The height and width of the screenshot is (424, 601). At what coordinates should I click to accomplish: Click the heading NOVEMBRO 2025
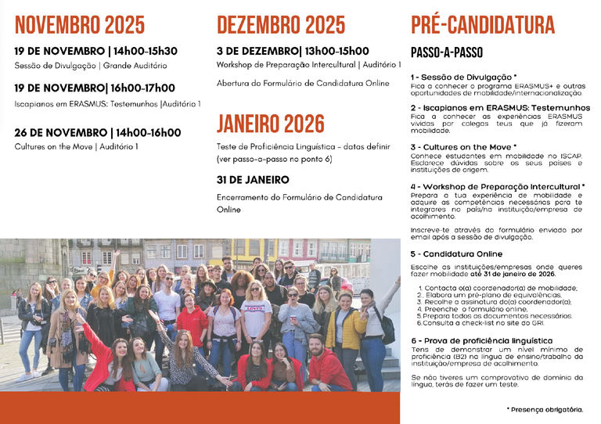80,25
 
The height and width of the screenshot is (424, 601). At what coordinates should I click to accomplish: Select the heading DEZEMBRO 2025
281,25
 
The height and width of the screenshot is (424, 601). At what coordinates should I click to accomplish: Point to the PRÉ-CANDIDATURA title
482,25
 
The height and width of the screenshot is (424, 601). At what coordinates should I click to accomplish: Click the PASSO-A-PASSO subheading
447,53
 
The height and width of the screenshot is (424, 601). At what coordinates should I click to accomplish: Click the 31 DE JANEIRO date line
253,180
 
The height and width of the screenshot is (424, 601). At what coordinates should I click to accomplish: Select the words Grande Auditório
134,66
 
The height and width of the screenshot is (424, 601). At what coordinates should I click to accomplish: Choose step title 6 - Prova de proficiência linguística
481,340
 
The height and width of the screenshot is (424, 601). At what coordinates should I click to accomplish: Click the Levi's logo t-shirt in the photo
256,310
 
